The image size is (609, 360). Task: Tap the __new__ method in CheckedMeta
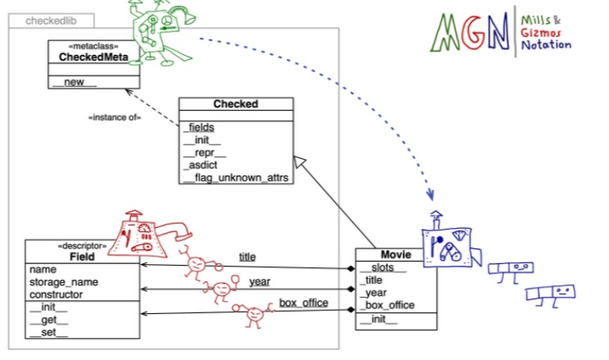pyautogui.click(x=75, y=82)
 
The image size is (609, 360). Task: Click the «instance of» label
pyautogui.click(x=115, y=117)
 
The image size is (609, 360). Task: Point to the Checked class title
pyautogui.click(x=235, y=104)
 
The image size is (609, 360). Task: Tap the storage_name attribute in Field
pyautogui.click(x=62, y=282)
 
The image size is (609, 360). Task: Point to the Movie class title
pyautogui.click(x=395, y=255)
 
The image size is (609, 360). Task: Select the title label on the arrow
pyautogui.click(x=247, y=257)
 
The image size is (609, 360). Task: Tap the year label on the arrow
pyautogui.click(x=260, y=282)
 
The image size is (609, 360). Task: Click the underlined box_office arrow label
pyautogui.click(x=303, y=303)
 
